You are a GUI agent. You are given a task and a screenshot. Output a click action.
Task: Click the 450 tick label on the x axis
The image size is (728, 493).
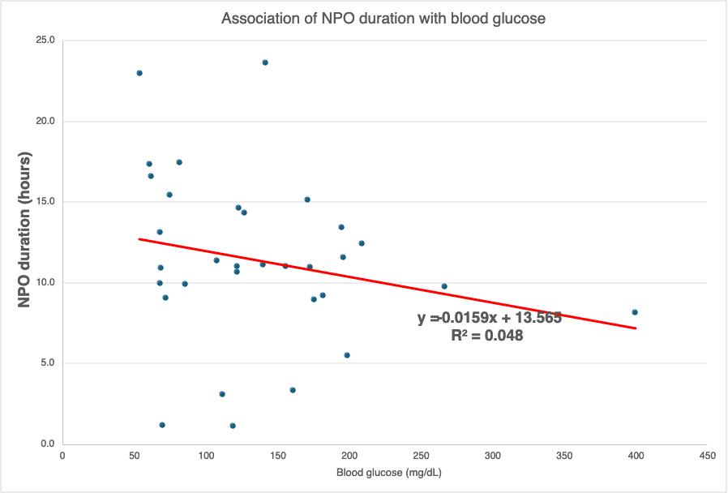coord(706,456)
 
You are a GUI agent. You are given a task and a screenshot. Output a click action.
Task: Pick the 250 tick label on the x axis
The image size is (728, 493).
coord(420,456)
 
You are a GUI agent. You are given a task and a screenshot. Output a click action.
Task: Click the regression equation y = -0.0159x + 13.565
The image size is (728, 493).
coord(490,318)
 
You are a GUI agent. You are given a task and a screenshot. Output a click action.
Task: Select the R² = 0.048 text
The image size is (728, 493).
coord(486,335)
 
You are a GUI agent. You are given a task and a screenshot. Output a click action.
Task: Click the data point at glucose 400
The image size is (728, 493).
coord(635,312)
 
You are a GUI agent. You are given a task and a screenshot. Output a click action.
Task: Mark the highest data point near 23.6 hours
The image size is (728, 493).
coord(265,62)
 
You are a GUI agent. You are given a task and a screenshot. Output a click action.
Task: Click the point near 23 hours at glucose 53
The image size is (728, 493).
coord(139,73)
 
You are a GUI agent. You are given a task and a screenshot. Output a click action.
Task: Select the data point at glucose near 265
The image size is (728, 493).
coord(444,286)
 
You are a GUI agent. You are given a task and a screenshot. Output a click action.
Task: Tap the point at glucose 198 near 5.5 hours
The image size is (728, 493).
coord(347,355)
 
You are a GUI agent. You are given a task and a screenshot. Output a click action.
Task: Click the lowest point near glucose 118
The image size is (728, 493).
coord(233,426)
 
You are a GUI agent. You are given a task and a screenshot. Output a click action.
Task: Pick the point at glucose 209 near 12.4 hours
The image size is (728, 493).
coord(362,243)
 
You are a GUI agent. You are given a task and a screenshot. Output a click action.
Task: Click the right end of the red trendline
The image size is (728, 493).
coord(636,328)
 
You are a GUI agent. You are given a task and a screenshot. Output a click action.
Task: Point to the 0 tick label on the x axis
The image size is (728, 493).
coord(63,456)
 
